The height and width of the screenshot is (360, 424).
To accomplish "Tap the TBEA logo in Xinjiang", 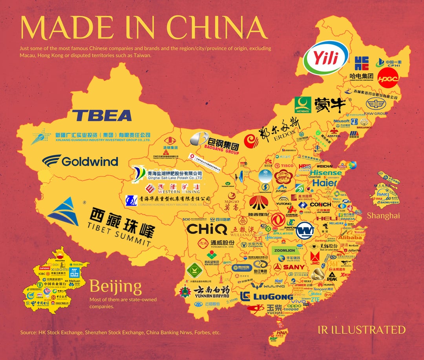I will click(x=102, y=115).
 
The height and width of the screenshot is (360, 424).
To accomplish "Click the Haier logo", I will click(x=325, y=183).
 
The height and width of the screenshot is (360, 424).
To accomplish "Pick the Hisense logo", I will click(x=326, y=173).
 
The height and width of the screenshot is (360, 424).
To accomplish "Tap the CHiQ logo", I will click(x=202, y=229).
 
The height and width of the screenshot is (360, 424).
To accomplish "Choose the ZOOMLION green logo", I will click(x=285, y=250).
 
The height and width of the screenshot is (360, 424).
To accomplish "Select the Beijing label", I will click(x=115, y=286).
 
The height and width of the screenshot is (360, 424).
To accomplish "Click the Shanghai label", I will click(x=383, y=215).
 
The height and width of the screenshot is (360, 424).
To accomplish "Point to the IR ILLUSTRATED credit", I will click(x=361, y=329).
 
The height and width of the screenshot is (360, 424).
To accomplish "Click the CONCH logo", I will click(x=320, y=204).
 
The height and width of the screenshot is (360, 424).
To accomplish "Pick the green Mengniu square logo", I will click(x=303, y=105).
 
